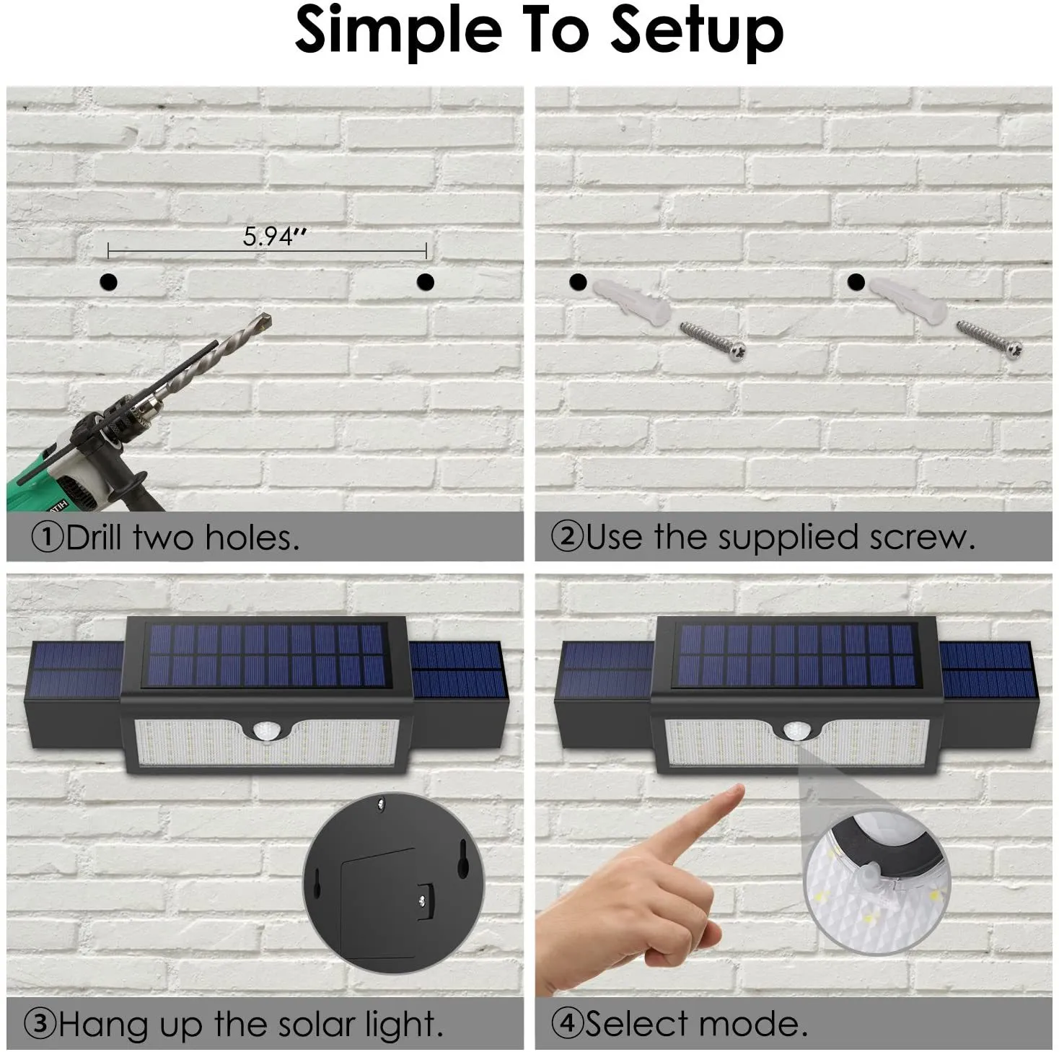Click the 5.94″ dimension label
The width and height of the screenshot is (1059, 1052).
tap(274, 237)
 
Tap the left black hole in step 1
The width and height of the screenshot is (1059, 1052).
tap(109, 282)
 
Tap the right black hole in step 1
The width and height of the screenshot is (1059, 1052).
tap(426, 282)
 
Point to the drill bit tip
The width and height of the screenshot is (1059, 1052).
tap(268, 316)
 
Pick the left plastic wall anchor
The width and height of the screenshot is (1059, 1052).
tap(631, 302)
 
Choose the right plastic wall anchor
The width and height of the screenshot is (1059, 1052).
tap(909, 301)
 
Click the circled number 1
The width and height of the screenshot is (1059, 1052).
tap(48, 538)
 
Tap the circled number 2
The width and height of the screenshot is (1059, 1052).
tap(566, 537)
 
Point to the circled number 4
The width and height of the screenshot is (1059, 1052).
tap(566, 1023)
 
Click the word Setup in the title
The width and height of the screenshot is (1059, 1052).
tap(696, 31)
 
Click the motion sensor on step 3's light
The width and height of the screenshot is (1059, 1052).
tap(266, 732)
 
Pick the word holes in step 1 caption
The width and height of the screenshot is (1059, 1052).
tap(252, 538)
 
